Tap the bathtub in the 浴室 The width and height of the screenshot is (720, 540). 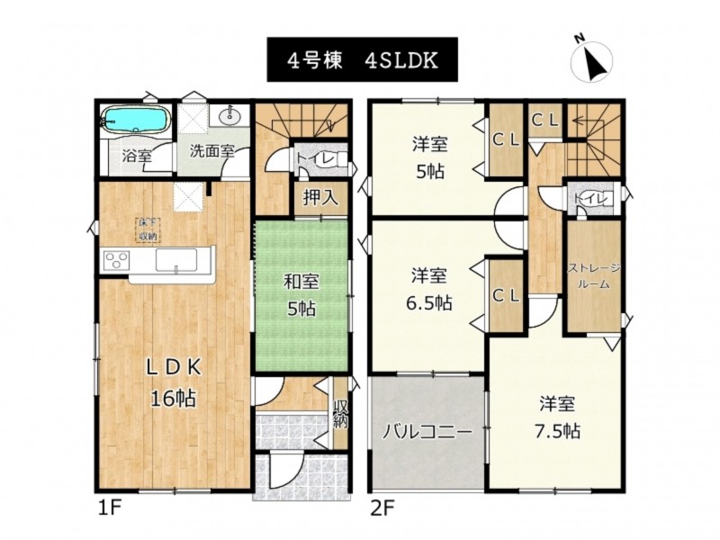coord(136,121)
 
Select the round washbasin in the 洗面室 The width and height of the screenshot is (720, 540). coord(229,116)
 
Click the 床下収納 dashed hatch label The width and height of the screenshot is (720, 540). coord(148,229)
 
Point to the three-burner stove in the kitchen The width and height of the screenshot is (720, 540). coord(117,261)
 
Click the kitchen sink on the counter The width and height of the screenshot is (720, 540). coord(176,260)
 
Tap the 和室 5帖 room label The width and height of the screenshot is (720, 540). coord(301,295)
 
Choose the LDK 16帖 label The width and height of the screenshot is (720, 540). coord(174,382)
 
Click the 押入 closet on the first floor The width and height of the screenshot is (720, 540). coord(320,198)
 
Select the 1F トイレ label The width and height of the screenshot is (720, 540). coord(314,158)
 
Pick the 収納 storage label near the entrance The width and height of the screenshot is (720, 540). coord(340,414)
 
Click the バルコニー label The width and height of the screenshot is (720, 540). coord(427,432)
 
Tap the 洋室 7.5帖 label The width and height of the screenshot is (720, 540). coord(557,418)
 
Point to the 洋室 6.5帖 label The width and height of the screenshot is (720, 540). coord(429,290)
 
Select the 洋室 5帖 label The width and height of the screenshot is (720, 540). coord(429,158)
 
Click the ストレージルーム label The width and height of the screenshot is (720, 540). coord(594,276)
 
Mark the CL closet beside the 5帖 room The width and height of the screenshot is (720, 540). coord(506,140)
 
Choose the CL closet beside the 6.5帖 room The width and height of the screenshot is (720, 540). coord(506,296)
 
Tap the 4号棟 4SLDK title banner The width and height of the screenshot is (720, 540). coord(363,59)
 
